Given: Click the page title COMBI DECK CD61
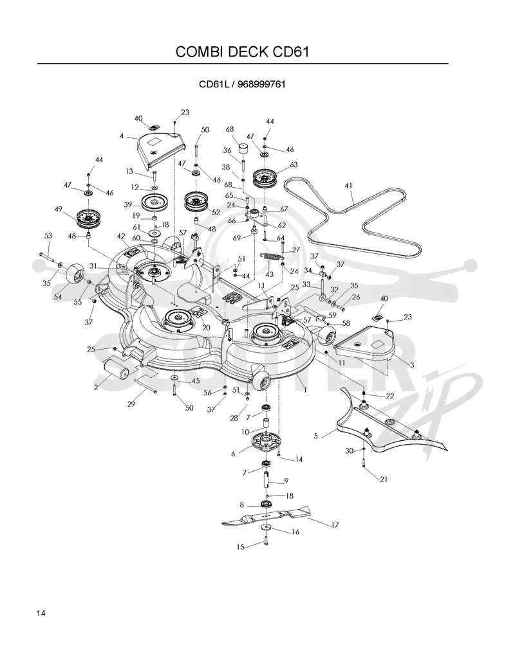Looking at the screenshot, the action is click(x=243, y=51).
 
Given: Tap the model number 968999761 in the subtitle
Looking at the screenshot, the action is click(x=261, y=84).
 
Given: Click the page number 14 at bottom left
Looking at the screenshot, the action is click(x=41, y=613).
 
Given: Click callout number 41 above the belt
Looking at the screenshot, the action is click(x=348, y=186).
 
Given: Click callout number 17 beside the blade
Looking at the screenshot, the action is click(x=335, y=525).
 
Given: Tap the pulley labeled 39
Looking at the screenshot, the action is click(x=154, y=204).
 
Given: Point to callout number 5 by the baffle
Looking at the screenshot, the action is click(x=316, y=436).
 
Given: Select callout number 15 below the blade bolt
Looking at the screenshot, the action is click(x=240, y=547).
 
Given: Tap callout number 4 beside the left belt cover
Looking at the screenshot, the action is click(x=122, y=136).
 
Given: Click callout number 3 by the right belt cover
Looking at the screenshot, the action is click(x=412, y=365).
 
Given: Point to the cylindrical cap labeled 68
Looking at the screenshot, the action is click(x=243, y=149).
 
